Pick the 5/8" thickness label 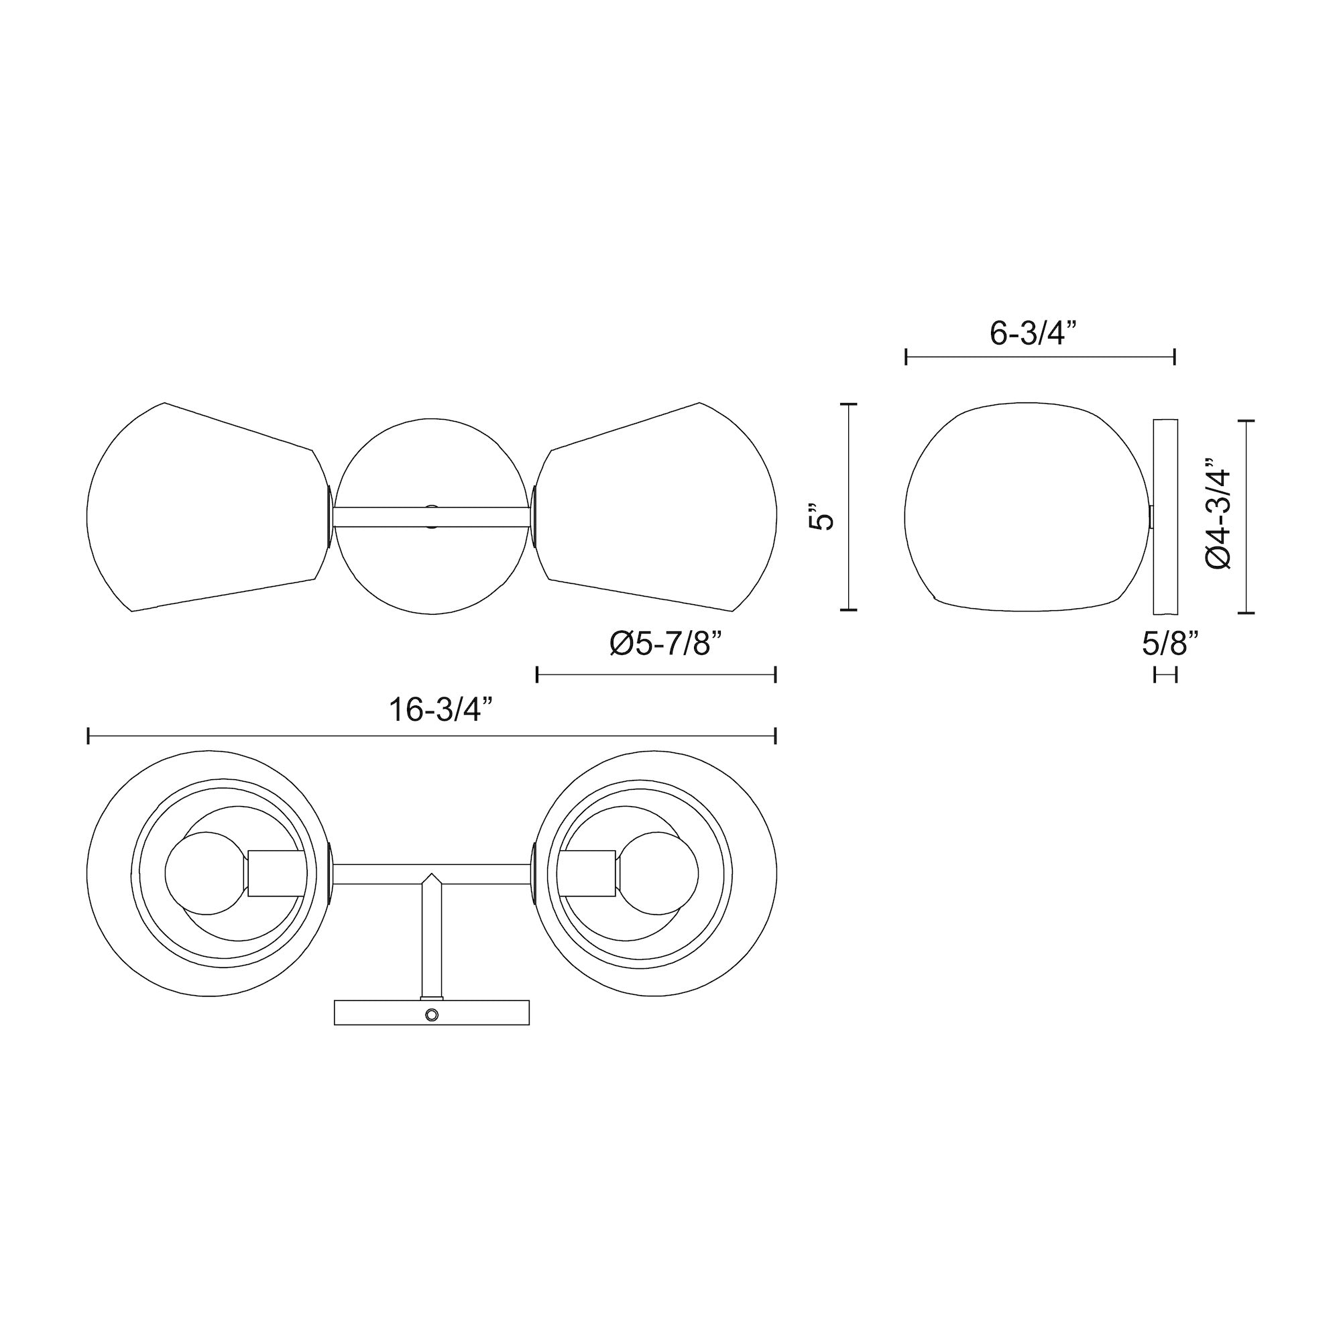(1171, 644)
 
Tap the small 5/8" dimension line (1165, 674)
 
